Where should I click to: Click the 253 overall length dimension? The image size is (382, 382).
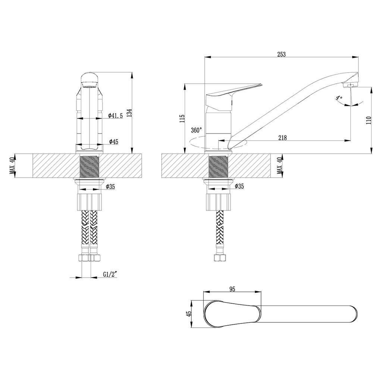pyautogui.click(x=281, y=54)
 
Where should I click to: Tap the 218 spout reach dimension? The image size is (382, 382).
pyautogui.click(x=282, y=138)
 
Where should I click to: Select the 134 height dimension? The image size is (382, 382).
pyautogui.click(x=130, y=113)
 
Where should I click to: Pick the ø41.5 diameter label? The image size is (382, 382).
pyautogui.click(x=116, y=116)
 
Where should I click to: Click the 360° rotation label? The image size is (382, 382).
pyautogui.click(x=196, y=130)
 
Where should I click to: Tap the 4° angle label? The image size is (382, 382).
pyautogui.click(x=339, y=98)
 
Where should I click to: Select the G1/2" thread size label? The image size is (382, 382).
pyautogui.click(x=110, y=275)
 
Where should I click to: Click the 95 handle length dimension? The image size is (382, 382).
pyautogui.click(x=232, y=289)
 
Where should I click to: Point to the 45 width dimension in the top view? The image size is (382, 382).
pyautogui.click(x=189, y=313)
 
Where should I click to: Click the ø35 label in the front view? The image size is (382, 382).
pyautogui.click(x=110, y=187)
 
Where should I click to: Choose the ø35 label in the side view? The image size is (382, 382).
pyautogui.click(x=239, y=187)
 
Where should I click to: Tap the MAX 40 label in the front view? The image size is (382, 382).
pyautogui.click(x=12, y=166)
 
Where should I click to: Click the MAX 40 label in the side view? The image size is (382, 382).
pyautogui.click(x=280, y=165)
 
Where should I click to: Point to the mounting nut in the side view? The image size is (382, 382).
pyautogui.click(x=218, y=202)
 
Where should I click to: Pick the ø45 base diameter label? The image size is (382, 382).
pyautogui.click(x=114, y=141)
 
